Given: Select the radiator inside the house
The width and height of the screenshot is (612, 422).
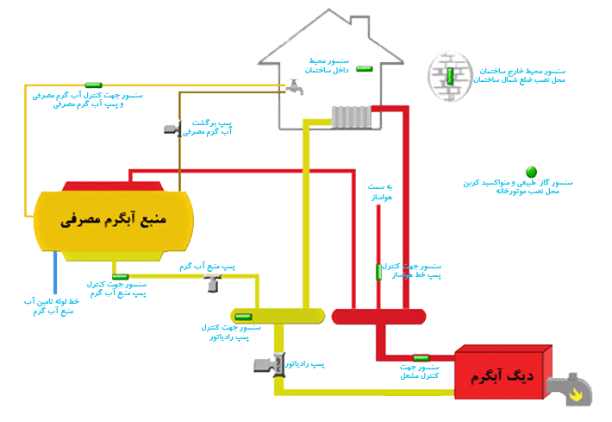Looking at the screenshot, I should click(x=352, y=117).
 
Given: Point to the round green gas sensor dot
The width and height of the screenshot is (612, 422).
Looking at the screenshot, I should click(x=531, y=173).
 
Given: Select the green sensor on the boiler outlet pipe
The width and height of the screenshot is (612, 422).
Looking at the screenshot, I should click(x=422, y=357).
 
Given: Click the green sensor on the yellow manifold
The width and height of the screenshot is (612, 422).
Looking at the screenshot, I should click(x=245, y=316).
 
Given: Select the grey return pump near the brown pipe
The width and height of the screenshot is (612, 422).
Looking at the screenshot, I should click(x=172, y=129).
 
